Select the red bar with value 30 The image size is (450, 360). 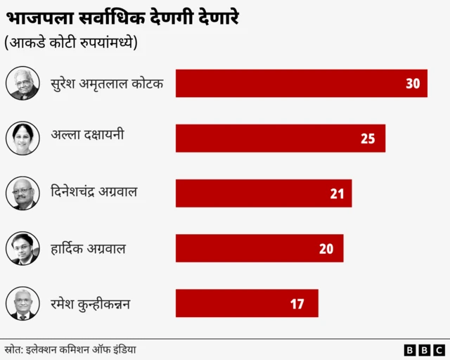301,83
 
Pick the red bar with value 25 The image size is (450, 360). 280,138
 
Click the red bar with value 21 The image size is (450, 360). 263,193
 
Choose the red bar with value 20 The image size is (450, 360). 259,248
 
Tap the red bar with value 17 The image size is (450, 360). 246,303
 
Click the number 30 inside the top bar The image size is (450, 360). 413,84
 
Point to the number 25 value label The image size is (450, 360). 368,139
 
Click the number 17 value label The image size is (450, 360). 297,304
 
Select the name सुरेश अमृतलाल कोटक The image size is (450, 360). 107,84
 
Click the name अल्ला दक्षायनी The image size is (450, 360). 87,134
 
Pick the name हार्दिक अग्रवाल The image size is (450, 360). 89,247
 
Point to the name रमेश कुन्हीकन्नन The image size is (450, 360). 91,304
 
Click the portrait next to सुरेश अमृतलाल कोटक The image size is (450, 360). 22,83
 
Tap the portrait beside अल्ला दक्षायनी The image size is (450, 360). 22,138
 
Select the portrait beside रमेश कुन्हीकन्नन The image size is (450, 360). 22,304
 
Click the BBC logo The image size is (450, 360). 424,349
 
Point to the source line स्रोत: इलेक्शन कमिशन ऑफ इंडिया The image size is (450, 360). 70,349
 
